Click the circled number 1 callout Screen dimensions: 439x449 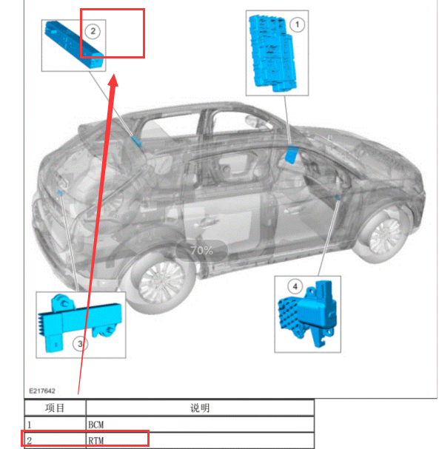coord(297,24)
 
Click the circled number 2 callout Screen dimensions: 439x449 coord(93,31)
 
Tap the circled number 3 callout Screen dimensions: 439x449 coord(80,344)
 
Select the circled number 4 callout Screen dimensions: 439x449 coord(295,286)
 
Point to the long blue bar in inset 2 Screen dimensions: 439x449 coord(74,44)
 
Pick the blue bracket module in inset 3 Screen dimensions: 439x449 coord(79,323)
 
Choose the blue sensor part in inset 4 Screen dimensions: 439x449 coord(308,314)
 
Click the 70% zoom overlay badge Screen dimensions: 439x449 coord(201,251)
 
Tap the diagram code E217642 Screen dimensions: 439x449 coord(42,391)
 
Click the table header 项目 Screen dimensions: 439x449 coord(55,408)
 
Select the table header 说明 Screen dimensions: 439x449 coord(200,408)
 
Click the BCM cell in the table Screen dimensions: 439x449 coord(95,425)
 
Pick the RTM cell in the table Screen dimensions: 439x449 coord(95,440)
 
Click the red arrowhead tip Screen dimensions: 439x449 coord(114,74)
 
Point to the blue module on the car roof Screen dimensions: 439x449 coord(137,141)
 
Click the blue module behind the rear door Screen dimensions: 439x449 coord(292,154)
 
